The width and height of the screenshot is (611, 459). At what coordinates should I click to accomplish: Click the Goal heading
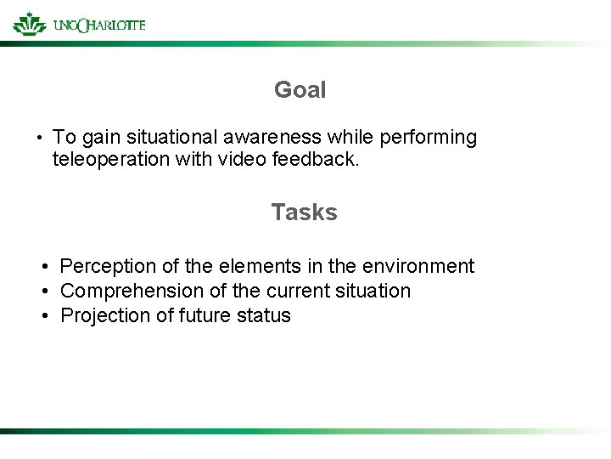[x=300, y=90]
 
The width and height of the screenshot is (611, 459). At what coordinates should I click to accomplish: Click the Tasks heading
[x=304, y=212]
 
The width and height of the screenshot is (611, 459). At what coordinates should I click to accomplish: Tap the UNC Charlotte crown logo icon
[x=30, y=24]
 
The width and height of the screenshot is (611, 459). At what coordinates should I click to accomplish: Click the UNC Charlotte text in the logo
[x=98, y=25]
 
